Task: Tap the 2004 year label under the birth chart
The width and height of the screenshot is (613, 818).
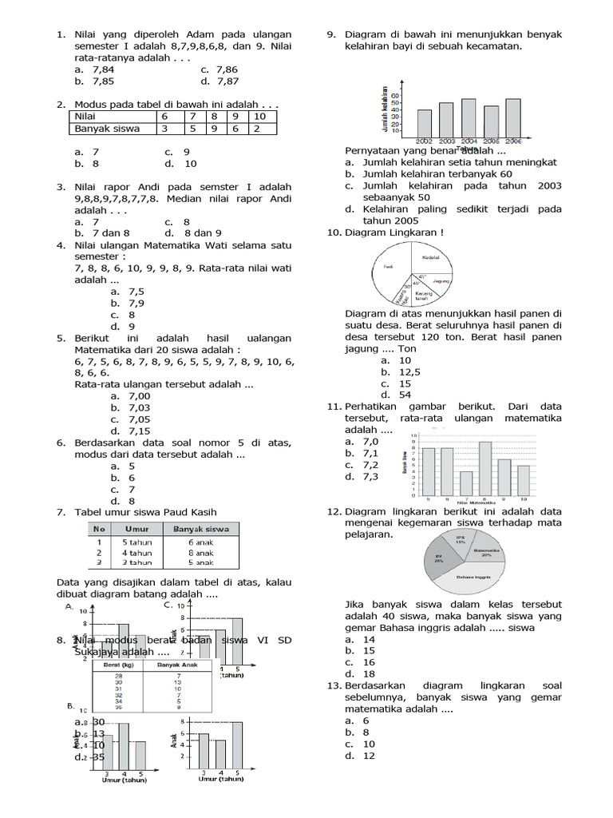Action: [469, 141]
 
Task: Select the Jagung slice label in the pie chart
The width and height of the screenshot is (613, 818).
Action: [441, 281]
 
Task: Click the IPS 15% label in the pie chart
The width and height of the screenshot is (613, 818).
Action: [460, 541]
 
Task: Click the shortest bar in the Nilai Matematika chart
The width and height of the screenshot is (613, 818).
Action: [466, 483]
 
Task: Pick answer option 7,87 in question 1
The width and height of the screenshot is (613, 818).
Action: [226, 81]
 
